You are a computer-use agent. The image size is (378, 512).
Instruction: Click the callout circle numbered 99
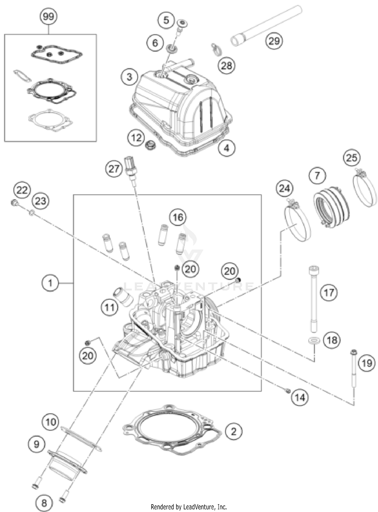pyautogui.click(x=48, y=17)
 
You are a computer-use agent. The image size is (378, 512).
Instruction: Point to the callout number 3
pyautogui.click(x=129, y=77)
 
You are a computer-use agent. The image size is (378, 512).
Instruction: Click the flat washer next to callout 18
pyautogui.click(x=314, y=341)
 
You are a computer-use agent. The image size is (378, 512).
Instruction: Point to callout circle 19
pyautogui.click(x=367, y=363)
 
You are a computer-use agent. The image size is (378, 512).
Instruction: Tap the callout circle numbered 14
pyautogui.click(x=300, y=398)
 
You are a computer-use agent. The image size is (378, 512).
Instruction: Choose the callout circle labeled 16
pyautogui.click(x=178, y=217)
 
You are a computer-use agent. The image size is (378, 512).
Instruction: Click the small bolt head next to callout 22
pyautogui.click(x=14, y=202)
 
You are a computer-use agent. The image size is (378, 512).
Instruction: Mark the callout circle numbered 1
pyautogui.click(x=50, y=283)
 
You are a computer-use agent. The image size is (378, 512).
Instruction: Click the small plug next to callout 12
pyautogui.click(x=151, y=145)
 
